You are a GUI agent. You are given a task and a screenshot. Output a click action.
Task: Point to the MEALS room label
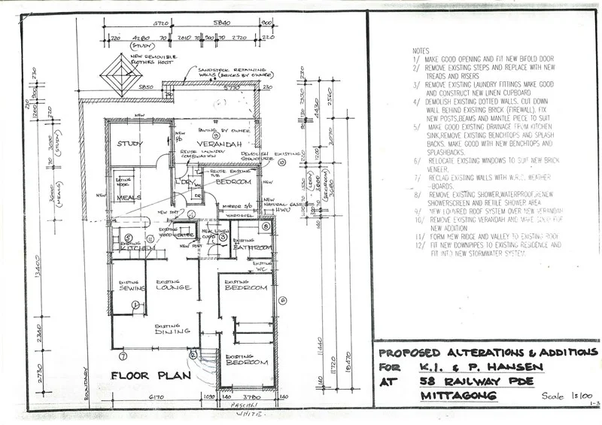[x=129, y=197]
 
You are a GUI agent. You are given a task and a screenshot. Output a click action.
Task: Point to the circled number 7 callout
[x=123, y=354]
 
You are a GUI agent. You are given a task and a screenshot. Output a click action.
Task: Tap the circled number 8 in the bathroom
[x=266, y=226]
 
